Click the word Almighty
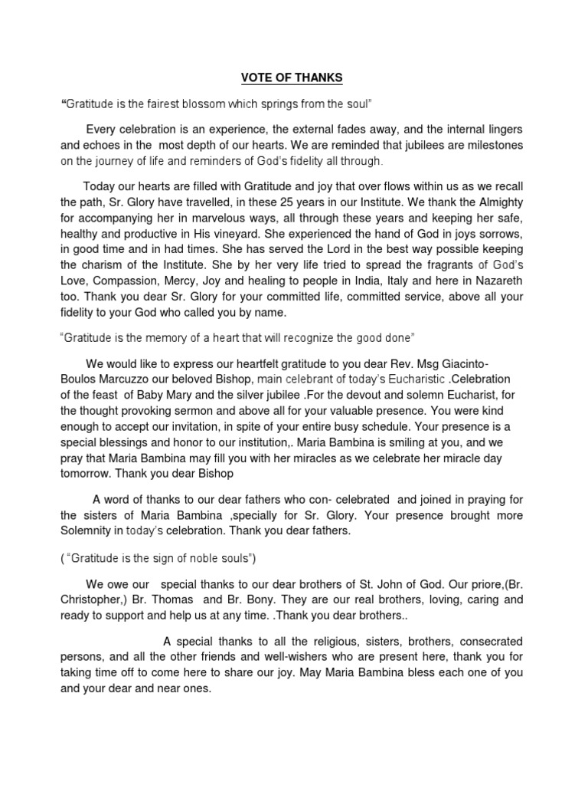(497, 204)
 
